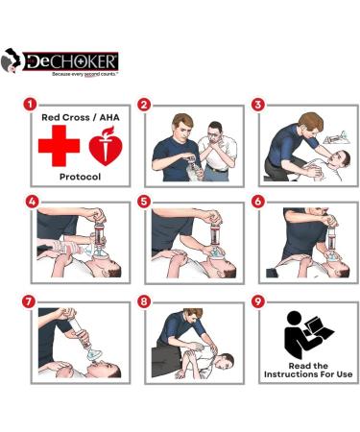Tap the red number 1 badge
click(x=31, y=104)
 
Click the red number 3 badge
click(x=257, y=104)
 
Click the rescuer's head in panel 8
click(x=194, y=318)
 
